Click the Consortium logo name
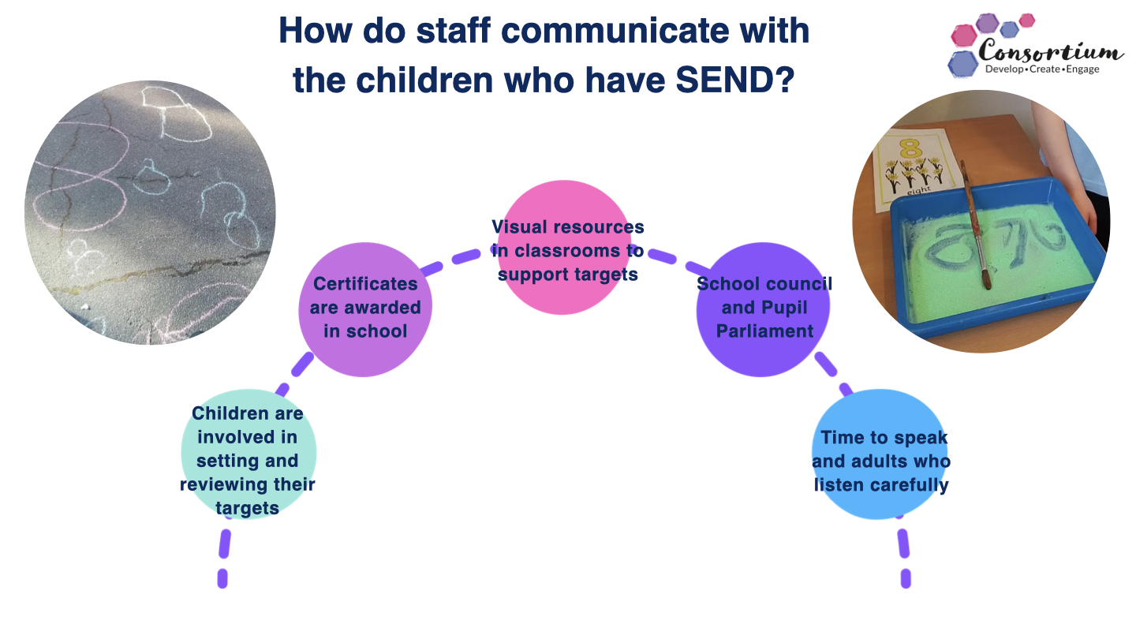click(x=1050, y=51)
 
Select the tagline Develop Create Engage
click(x=1042, y=69)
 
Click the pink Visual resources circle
click(x=565, y=247)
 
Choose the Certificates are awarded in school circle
click(x=365, y=309)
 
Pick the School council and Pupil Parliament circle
click(x=763, y=309)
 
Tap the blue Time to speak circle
click(x=880, y=454)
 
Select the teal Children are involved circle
click(x=248, y=454)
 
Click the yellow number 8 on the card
click(x=911, y=148)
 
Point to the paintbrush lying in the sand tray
click(x=975, y=224)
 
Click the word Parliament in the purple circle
click(x=764, y=331)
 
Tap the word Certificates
click(x=365, y=284)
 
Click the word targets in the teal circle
click(x=248, y=508)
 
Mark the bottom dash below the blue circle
click(x=906, y=579)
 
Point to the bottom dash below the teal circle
click(x=222, y=579)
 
